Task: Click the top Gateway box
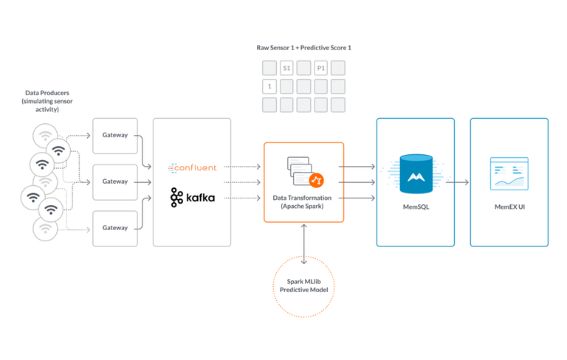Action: [x=115, y=135]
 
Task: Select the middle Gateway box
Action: [x=115, y=181]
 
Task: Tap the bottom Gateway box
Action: [x=115, y=228]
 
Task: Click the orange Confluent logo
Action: [x=192, y=167]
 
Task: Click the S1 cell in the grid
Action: [x=286, y=69]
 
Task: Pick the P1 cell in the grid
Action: [x=320, y=69]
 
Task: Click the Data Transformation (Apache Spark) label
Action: [x=303, y=202]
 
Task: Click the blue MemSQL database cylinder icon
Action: [x=414, y=173]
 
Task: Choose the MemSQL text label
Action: [x=414, y=208]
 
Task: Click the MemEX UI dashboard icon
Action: [x=509, y=174]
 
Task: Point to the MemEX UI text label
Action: [x=509, y=208]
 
